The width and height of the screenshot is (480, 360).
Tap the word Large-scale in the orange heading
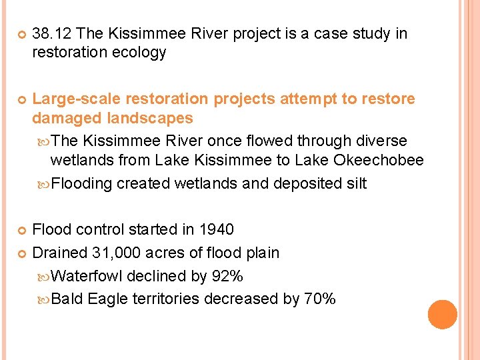point(76,99)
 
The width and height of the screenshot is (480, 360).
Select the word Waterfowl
point(87,276)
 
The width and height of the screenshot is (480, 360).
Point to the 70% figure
point(319,299)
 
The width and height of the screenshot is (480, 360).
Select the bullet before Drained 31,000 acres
point(20,253)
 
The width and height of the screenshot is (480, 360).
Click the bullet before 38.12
point(20,34)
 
